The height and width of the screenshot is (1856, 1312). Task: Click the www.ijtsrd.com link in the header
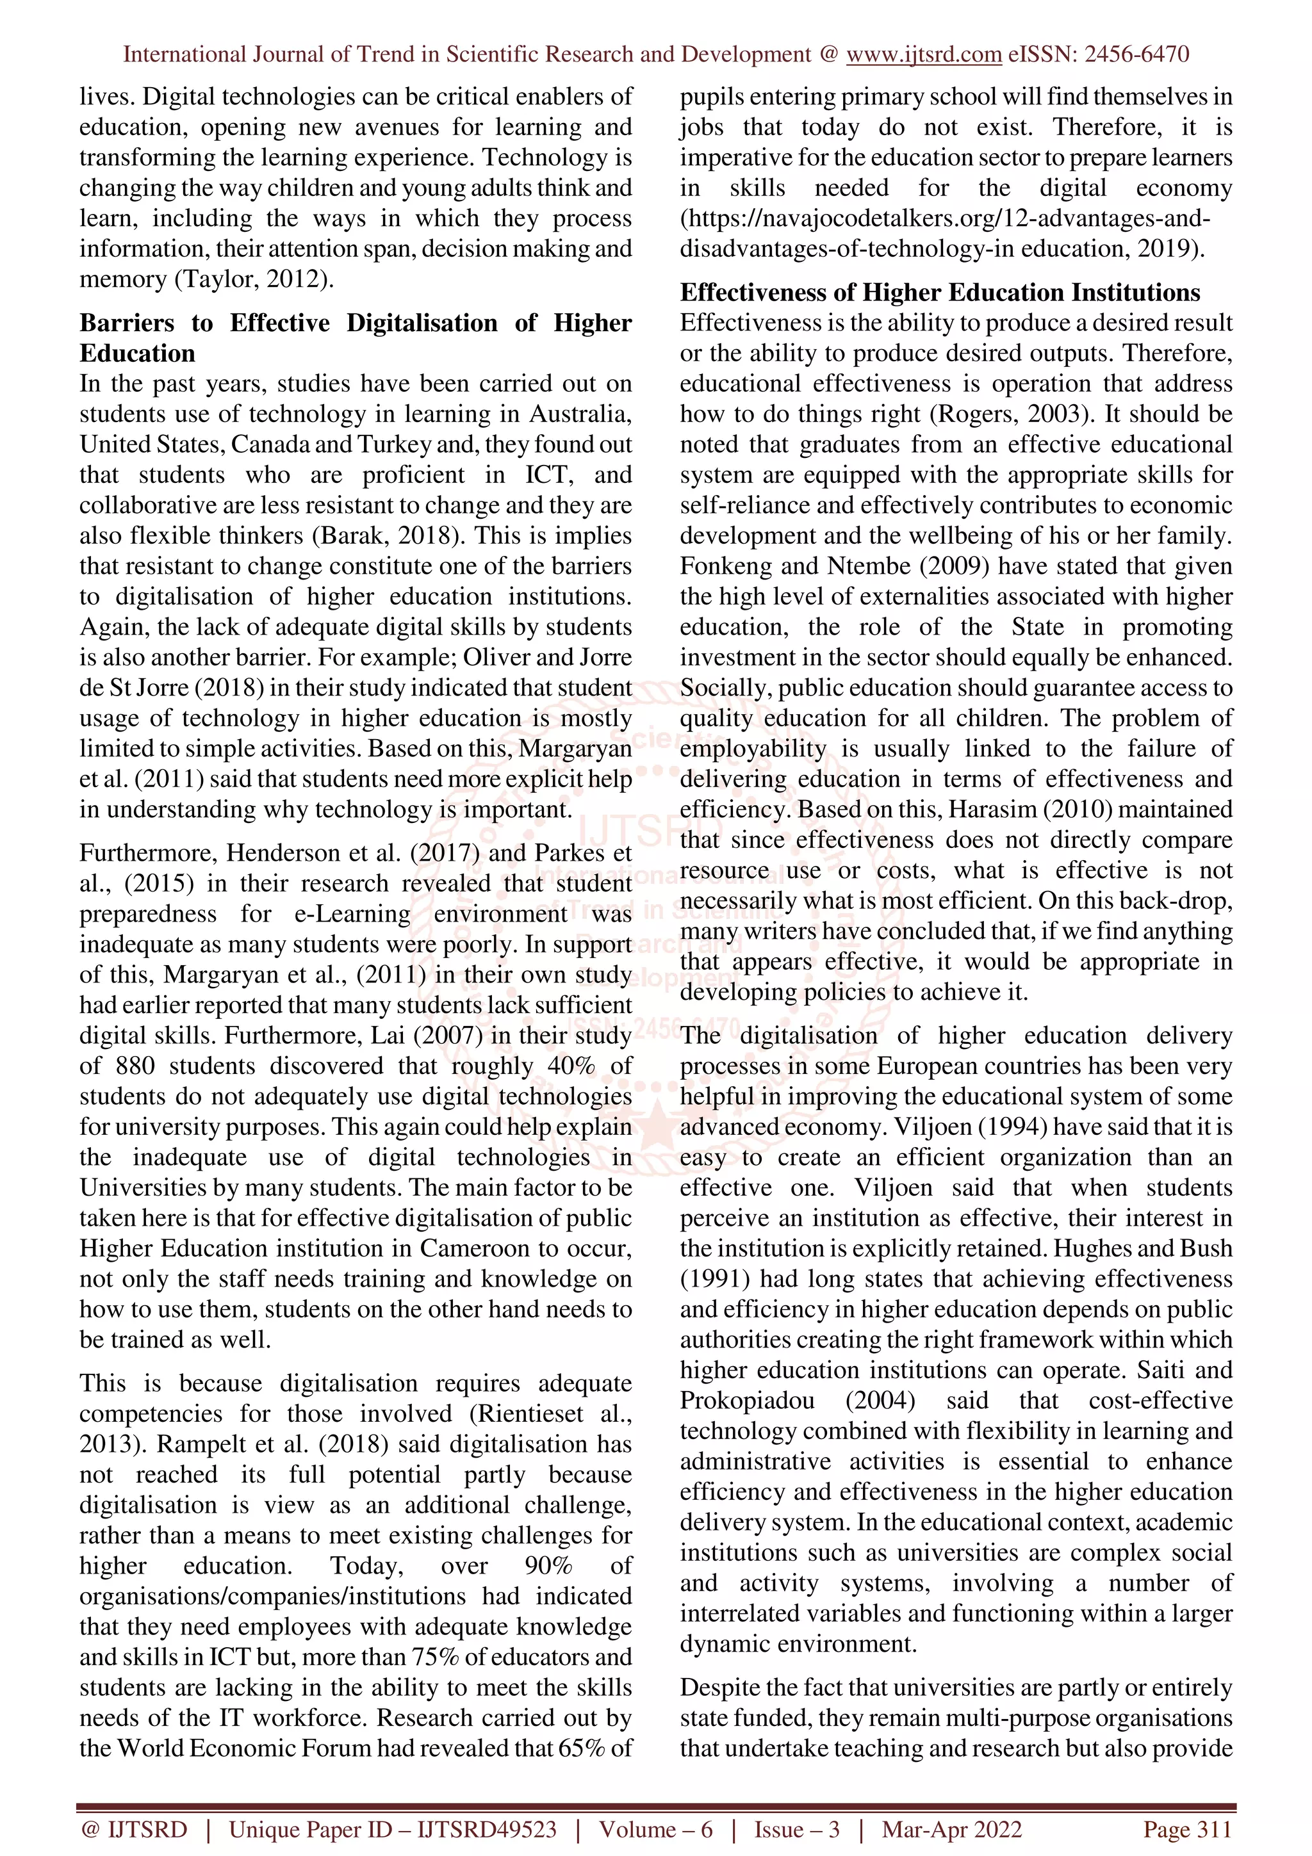click(923, 54)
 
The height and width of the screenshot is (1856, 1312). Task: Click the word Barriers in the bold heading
click(126, 323)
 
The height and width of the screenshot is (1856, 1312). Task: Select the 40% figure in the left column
click(571, 1066)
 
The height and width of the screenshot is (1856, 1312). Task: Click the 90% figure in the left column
click(548, 1566)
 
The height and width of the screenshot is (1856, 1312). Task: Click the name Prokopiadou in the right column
click(747, 1401)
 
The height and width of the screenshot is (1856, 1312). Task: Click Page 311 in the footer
click(1186, 1829)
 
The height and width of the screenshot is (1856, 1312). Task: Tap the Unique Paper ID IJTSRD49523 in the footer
click(392, 1829)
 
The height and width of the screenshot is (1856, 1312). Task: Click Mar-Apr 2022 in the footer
click(951, 1829)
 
